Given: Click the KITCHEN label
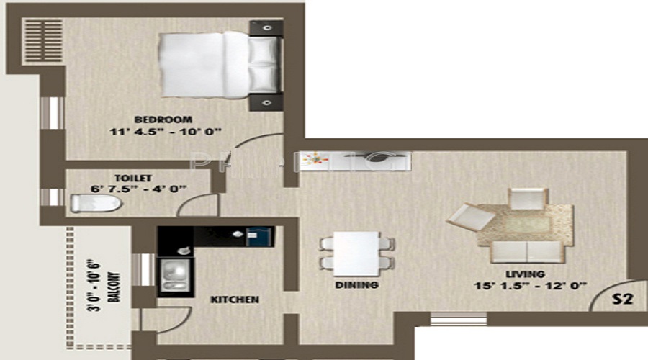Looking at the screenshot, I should (x=234, y=299).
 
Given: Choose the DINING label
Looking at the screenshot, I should (x=357, y=285).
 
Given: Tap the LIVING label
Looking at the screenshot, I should (x=524, y=274).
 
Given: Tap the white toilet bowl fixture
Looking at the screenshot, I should (x=95, y=204).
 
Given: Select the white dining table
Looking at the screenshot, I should (x=357, y=253).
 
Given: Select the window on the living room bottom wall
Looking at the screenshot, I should (x=458, y=318).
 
